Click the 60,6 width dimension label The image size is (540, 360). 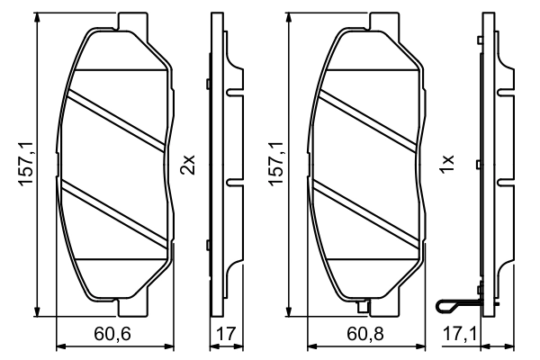tap(113, 336)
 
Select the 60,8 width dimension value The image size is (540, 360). tap(364, 336)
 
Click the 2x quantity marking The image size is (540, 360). tap(188, 165)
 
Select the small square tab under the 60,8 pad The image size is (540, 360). tap(364, 309)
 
